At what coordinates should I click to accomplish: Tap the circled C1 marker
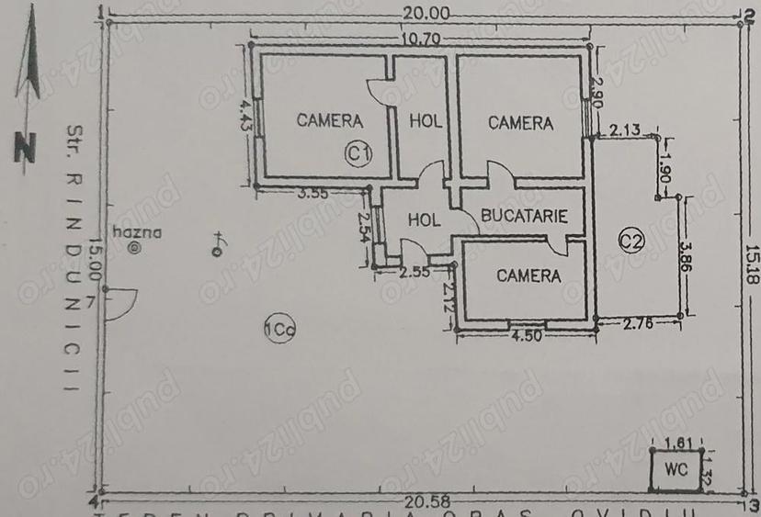click(x=357, y=153)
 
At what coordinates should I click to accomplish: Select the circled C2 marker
click(x=630, y=241)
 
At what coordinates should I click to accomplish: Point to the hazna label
click(x=137, y=233)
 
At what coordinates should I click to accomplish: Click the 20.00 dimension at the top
click(x=425, y=13)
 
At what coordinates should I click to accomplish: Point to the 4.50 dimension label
click(x=526, y=335)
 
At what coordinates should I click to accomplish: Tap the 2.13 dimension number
click(x=625, y=130)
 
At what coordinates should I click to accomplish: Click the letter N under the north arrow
click(x=25, y=147)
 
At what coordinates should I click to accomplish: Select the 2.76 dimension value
click(x=637, y=323)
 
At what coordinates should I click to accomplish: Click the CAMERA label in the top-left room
click(x=330, y=120)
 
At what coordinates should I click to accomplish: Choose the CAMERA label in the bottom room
click(x=528, y=275)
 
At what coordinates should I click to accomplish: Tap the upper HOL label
click(x=426, y=120)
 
